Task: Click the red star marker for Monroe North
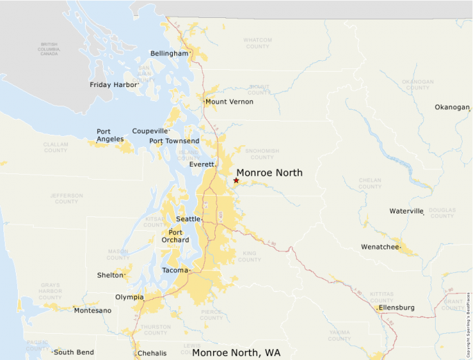(x=236, y=180)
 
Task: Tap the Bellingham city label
(x=169, y=53)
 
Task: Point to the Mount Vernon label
(x=229, y=102)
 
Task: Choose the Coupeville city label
(x=150, y=131)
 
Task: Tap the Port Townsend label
(x=174, y=141)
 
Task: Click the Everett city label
(x=203, y=164)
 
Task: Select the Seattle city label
(x=187, y=219)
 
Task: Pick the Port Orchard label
(x=176, y=236)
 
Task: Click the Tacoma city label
(x=174, y=270)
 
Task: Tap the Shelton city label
(x=110, y=275)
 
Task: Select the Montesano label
(x=93, y=310)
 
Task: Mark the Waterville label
(x=406, y=211)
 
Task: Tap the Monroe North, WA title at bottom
(x=236, y=353)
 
